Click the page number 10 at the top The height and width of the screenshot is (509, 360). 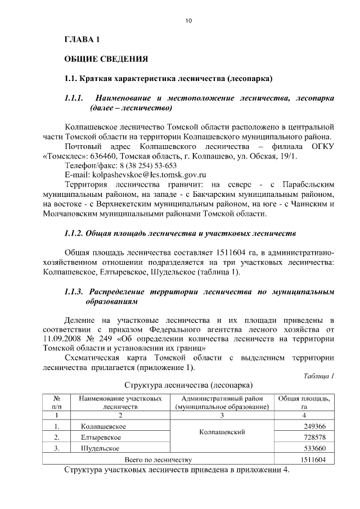point(188,21)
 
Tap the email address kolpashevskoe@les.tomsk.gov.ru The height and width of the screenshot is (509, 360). point(146,175)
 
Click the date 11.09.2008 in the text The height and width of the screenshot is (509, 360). point(64,339)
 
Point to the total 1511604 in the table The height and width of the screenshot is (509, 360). point(313,460)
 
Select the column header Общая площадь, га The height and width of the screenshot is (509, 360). point(304,402)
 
